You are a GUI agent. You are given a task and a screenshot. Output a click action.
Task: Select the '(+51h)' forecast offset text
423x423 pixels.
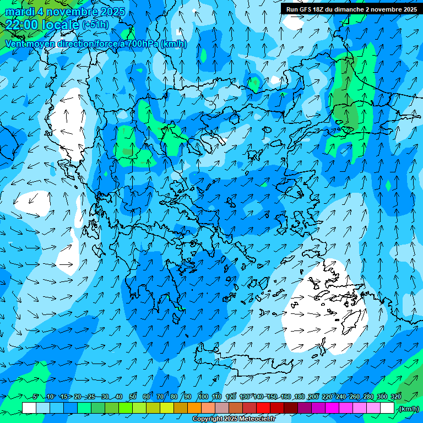[x=95, y=25]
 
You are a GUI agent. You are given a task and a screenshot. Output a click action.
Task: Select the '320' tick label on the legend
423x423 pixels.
[x=395, y=397]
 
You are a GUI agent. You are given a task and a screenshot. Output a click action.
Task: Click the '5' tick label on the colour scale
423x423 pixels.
[x=36, y=397]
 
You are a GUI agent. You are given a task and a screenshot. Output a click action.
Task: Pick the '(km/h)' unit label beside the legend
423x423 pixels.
[x=409, y=409]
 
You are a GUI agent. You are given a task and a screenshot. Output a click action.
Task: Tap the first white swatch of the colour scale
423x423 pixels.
[x=29, y=408]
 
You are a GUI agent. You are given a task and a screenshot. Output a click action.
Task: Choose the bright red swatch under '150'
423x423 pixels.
[x=263, y=408]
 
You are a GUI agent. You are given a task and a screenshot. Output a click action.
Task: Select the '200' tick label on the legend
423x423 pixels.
[x=313, y=397]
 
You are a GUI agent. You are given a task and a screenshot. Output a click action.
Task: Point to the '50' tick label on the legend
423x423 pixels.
[x=133, y=397]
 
